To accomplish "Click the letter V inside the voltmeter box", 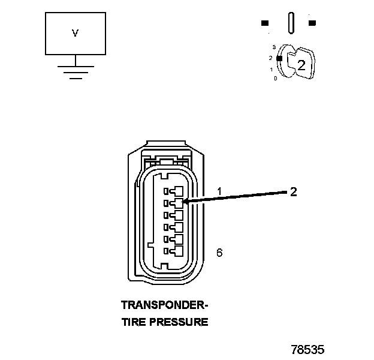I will click(x=75, y=34).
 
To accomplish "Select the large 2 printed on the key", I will click(x=301, y=65).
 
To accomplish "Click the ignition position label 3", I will click(x=273, y=46).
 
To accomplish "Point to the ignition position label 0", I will click(x=275, y=79).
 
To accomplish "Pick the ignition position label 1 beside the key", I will click(x=272, y=69).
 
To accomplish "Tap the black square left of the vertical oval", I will click(x=264, y=23).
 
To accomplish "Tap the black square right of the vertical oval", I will click(x=312, y=23).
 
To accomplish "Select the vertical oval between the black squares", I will click(x=291, y=22).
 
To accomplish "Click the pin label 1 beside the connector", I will click(x=219, y=191).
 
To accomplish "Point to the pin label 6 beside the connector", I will click(x=219, y=253).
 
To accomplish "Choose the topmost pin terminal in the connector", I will click(x=177, y=191).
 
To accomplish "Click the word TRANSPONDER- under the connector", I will click(x=165, y=304).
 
